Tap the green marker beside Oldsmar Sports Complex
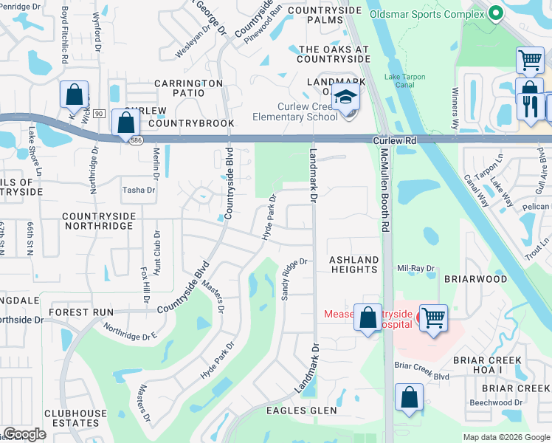click(495, 12)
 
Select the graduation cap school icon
click(345, 97)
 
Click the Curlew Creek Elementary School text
click(294, 111)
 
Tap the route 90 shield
click(99, 112)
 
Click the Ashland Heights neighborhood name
click(353, 264)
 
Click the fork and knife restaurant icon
click(529, 106)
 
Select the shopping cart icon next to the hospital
click(433, 318)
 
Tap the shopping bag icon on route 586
click(126, 123)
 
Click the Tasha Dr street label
click(138, 190)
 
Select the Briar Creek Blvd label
click(421, 376)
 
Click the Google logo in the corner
click(24, 434)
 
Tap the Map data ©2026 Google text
click(506, 437)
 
